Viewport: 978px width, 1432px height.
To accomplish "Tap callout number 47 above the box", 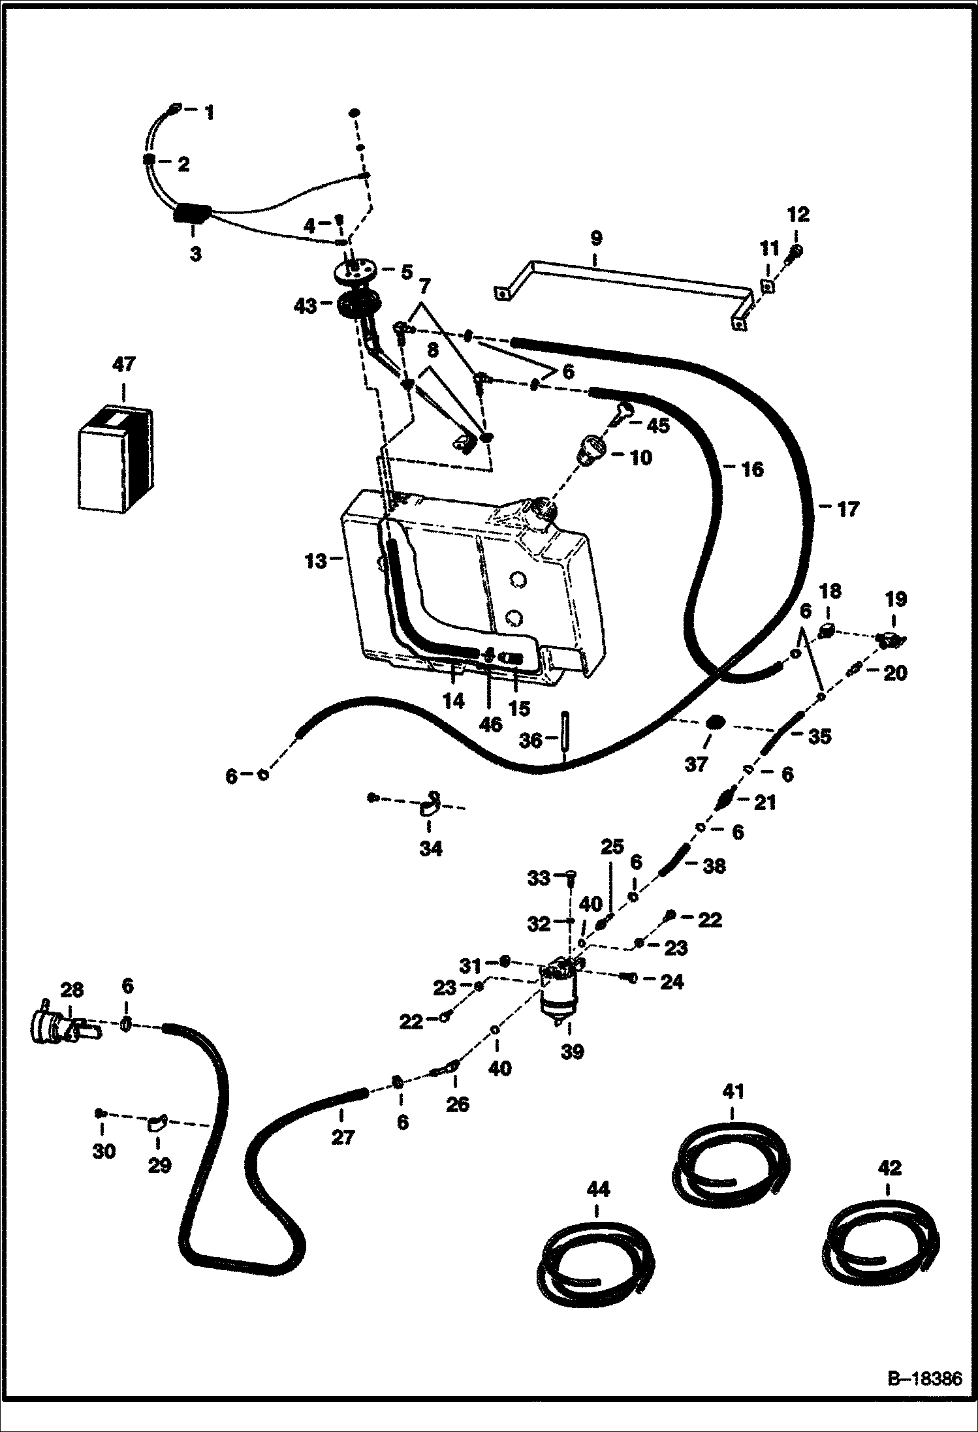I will click(x=123, y=364).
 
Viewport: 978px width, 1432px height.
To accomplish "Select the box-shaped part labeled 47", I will click(x=114, y=459).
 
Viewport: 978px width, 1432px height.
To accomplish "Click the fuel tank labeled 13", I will click(x=470, y=587).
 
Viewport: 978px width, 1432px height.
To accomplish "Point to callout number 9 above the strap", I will click(x=595, y=239).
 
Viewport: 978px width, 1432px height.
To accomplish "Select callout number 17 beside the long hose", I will click(x=847, y=509).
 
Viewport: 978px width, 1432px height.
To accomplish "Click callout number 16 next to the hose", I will click(x=752, y=469).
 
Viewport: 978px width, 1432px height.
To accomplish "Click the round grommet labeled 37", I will click(x=716, y=723).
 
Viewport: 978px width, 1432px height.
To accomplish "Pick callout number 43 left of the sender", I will click(x=306, y=305).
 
